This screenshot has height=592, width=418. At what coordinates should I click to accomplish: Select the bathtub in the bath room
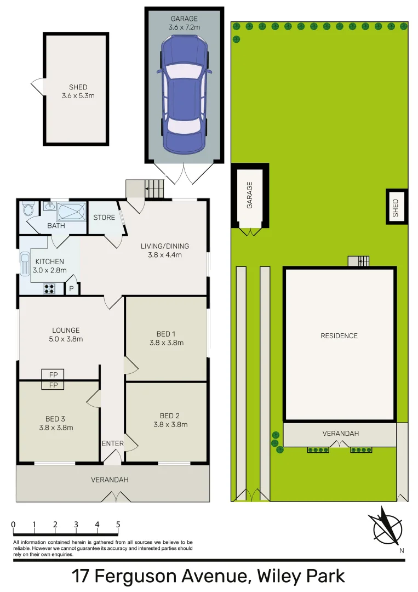pos(71,210)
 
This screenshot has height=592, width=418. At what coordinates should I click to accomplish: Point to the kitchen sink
pos(25,264)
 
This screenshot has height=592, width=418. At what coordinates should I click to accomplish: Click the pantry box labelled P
pos(72,288)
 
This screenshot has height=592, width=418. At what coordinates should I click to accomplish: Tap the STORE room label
pos(104,218)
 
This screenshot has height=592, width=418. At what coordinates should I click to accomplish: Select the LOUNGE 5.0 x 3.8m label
pos(66,334)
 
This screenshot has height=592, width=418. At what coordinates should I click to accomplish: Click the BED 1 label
pos(166,338)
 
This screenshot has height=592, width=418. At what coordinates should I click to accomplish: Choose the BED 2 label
pos(170,420)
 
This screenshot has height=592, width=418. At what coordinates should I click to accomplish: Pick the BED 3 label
pos(56,423)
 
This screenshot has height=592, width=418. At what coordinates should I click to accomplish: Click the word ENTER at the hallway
pos(113,443)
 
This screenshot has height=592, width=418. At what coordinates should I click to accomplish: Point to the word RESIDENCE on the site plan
pos(339,336)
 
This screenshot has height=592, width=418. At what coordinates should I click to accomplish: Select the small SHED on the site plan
pos(396,206)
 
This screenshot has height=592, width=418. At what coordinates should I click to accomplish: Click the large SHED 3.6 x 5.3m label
pos(78,92)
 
